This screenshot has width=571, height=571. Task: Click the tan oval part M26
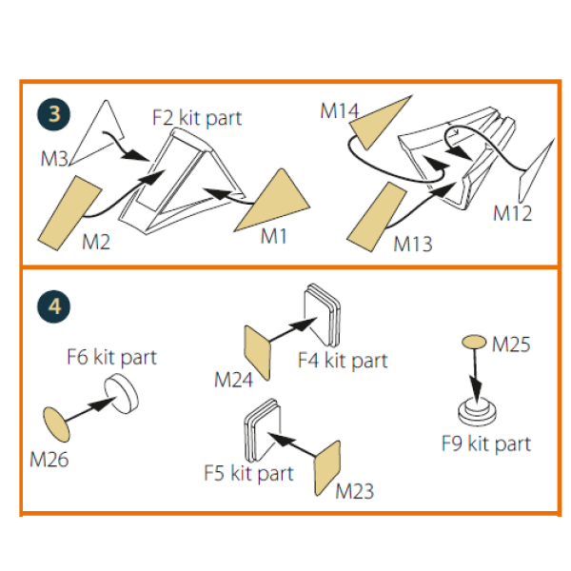click(56, 422)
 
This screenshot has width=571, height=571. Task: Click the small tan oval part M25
click(474, 342)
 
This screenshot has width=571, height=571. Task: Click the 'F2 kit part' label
click(197, 118)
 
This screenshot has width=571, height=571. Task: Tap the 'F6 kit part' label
click(111, 358)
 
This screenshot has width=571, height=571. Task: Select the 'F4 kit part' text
click(343, 361)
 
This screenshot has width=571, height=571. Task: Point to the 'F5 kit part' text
click(249, 472)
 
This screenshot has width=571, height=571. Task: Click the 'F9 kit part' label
click(485, 443)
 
